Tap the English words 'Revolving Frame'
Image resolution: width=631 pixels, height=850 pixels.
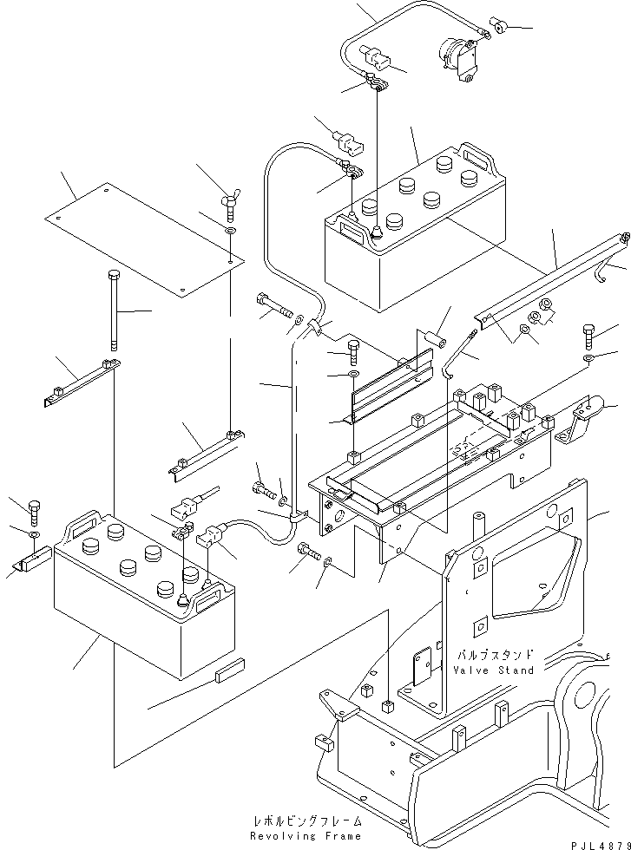tap(306, 835)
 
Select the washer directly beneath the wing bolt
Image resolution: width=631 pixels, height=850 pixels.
tap(229, 233)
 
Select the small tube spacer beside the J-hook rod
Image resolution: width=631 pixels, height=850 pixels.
tap(436, 337)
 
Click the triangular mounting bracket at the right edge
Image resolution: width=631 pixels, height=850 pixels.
tap(585, 415)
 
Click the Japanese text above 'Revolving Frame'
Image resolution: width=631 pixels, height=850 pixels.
tap(306, 821)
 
